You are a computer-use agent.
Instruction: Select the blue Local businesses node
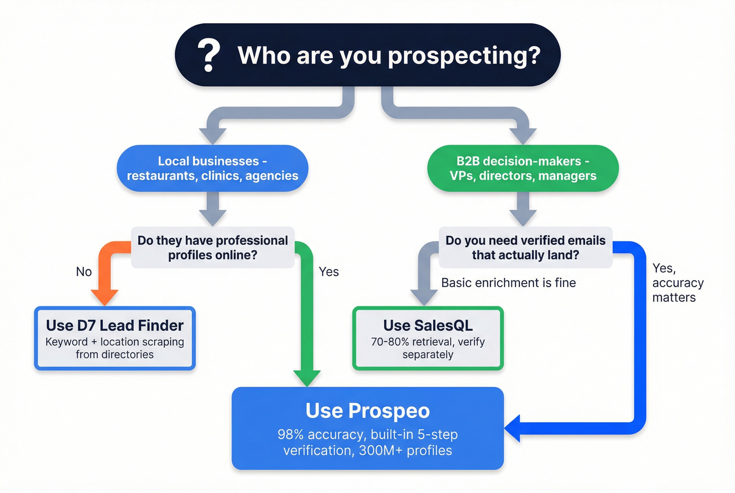click(x=212, y=168)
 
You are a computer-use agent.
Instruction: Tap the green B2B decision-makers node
click(x=523, y=168)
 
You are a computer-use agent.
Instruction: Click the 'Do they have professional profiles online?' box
click(x=213, y=247)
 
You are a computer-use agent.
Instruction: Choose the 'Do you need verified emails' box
click(x=525, y=247)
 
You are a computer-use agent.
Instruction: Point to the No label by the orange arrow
click(x=83, y=271)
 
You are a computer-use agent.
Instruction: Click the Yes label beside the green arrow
click(x=329, y=271)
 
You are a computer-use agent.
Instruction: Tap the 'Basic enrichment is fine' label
click(x=508, y=283)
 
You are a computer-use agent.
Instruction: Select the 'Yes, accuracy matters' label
click(x=677, y=283)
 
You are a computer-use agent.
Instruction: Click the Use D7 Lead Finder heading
click(x=114, y=326)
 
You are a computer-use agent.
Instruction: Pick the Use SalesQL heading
click(x=428, y=326)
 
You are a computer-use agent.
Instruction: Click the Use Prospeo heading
click(x=367, y=411)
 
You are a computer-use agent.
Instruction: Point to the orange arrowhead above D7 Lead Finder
click(x=104, y=297)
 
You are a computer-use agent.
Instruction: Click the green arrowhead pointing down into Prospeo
click(x=307, y=377)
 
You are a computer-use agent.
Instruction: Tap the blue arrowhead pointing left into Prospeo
click(x=513, y=428)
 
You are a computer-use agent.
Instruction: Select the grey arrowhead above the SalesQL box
click(x=424, y=297)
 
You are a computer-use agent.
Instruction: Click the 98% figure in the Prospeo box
click(x=290, y=435)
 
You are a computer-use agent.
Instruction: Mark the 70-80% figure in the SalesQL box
click(x=390, y=342)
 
